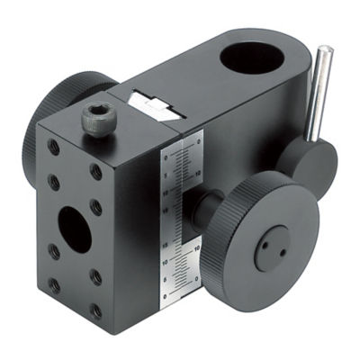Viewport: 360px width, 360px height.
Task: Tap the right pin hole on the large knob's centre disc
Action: (x=282, y=252)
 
